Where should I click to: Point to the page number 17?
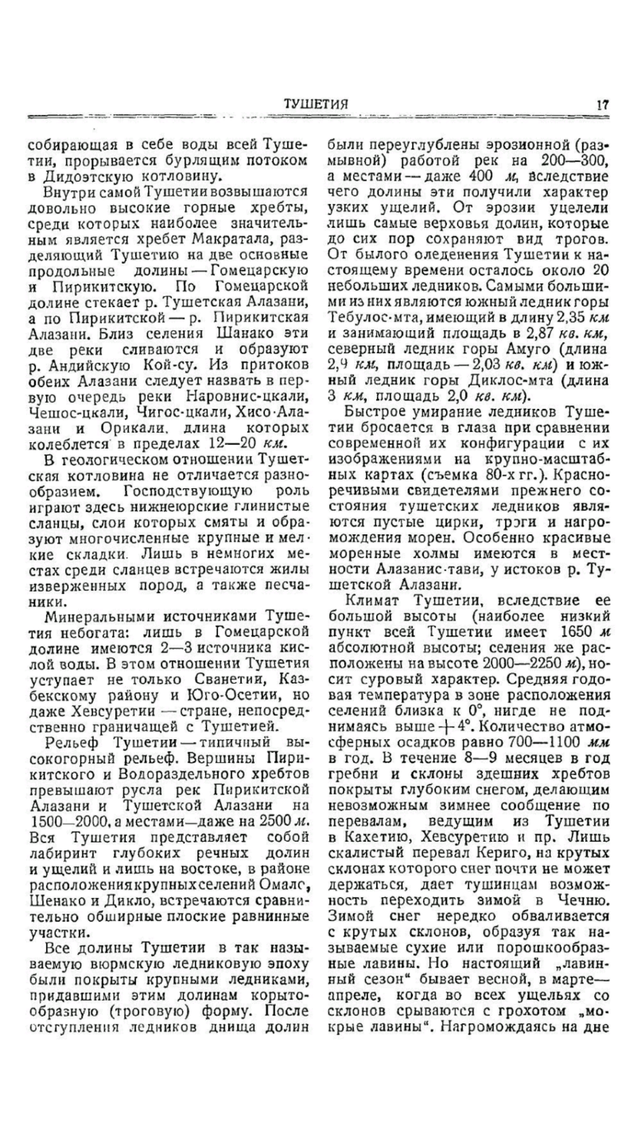(603, 104)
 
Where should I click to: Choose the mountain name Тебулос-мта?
(369, 318)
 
